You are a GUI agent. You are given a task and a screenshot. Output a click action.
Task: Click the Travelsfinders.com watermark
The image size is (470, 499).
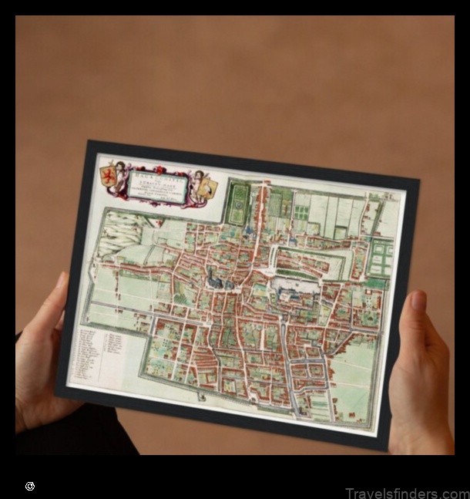click(x=406, y=493)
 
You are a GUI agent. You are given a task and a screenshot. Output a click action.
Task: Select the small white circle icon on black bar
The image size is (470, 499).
click(x=30, y=486)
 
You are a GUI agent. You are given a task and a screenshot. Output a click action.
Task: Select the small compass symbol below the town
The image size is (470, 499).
click(x=202, y=396)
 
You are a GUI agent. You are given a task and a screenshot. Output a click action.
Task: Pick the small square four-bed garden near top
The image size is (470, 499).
click(x=340, y=231)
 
